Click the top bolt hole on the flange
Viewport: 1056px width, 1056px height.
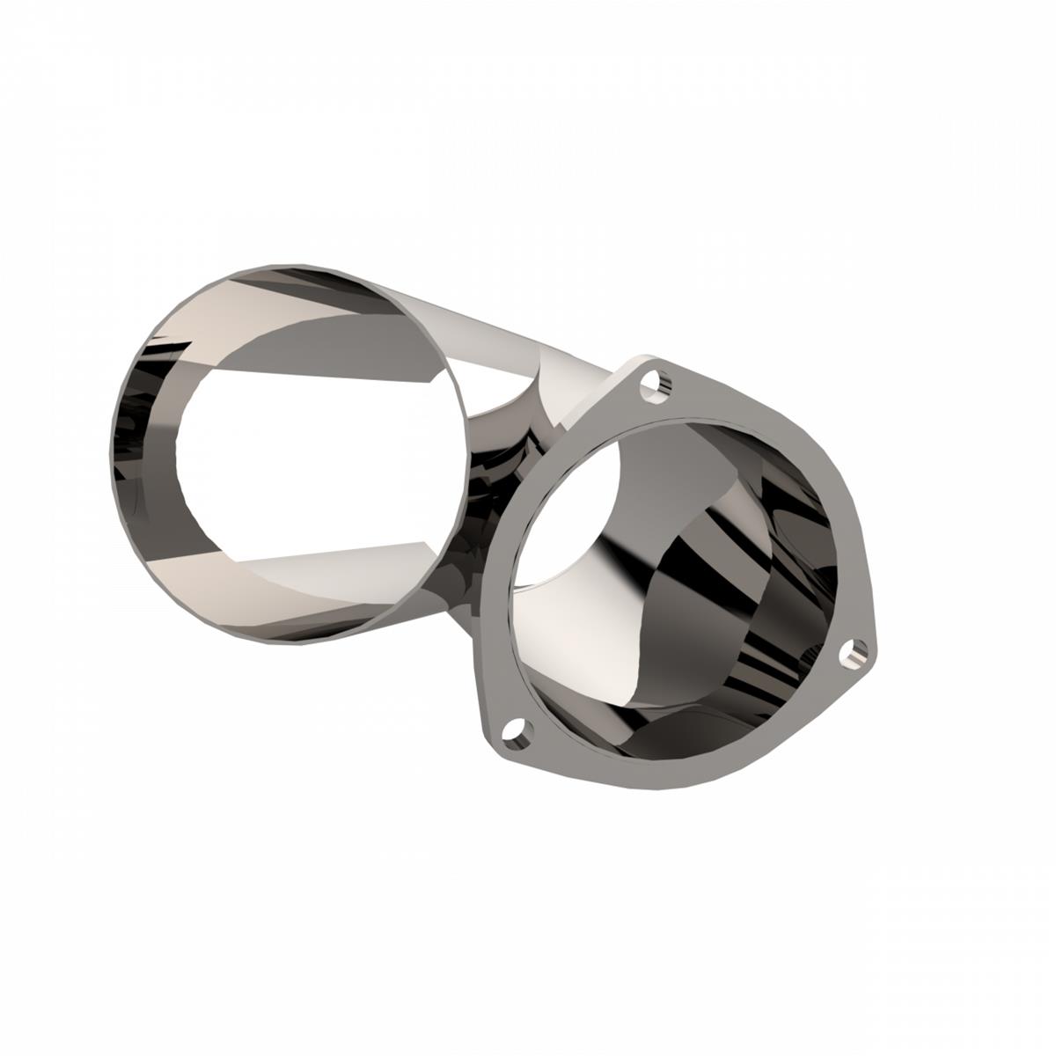pos(653,385)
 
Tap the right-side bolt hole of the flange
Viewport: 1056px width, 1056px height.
pos(851,651)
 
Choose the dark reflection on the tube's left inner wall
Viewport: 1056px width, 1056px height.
pos(141,466)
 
